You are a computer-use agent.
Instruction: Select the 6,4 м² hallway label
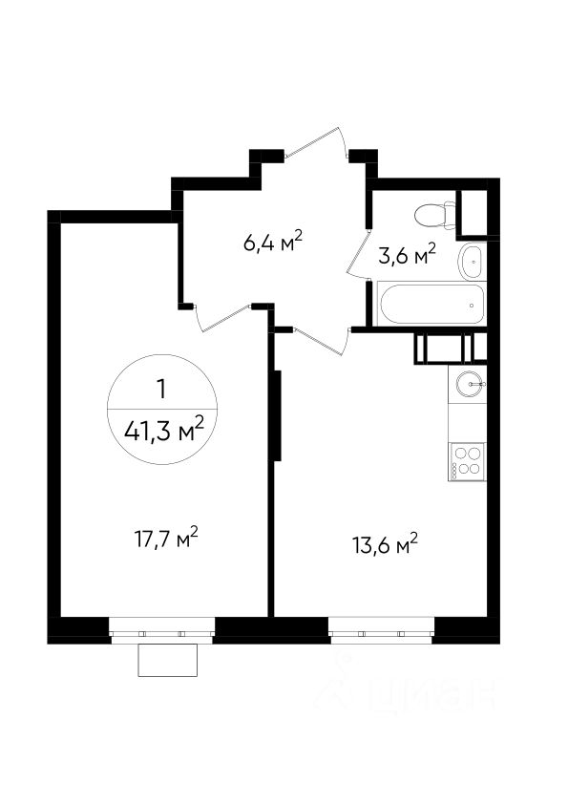(273, 242)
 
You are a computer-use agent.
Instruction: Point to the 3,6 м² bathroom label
(407, 254)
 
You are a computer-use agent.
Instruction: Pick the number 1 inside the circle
(162, 390)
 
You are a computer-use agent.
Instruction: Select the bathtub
(431, 304)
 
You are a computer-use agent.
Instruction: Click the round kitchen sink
(470, 384)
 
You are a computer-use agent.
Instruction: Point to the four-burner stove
(467, 461)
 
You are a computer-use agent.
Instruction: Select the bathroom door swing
(358, 255)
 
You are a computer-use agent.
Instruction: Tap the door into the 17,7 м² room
(223, 318)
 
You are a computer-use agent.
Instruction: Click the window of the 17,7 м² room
(162, 630)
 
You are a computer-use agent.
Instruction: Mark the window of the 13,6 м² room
(381, 630)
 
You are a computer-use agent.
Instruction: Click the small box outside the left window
(168, 660)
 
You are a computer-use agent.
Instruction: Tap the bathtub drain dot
(472, 306)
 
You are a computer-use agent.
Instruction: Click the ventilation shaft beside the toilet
(477, 213)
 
